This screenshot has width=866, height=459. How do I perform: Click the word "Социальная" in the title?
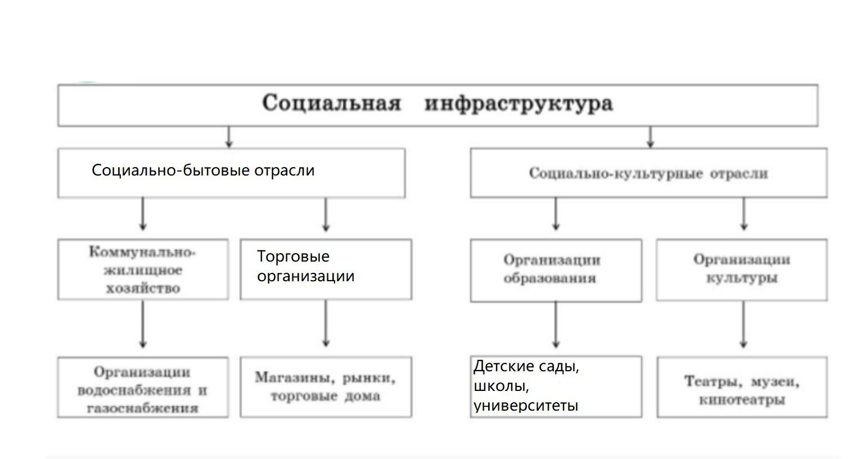point(331,103)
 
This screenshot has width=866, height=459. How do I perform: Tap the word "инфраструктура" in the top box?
point(518,104)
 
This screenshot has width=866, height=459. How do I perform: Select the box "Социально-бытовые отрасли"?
point(231,173)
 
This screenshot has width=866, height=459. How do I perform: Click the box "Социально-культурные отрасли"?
point(648,173)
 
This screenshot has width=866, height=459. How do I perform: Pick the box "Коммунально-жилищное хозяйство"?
point(143,269)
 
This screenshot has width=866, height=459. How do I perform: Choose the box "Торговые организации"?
point(326,269)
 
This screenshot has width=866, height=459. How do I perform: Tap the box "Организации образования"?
point(556,270)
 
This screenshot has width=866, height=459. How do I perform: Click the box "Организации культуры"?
point(742,269)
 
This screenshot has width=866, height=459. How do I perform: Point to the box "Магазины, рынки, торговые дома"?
point(326,387)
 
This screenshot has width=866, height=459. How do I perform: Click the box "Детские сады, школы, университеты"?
point(556,386)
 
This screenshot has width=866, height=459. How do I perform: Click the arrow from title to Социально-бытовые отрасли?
point(228,137)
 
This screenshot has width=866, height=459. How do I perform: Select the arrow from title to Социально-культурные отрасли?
point(650,137)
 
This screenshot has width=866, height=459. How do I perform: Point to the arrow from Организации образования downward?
point(556,325)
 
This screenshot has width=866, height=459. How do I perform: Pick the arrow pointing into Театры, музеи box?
point(744,325)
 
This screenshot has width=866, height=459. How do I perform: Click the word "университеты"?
point(526,406)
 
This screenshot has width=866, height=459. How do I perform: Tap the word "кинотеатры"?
point(742,400)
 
